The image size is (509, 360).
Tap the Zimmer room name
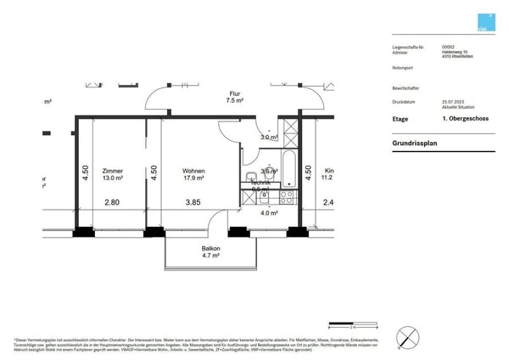click(x=112, y=171)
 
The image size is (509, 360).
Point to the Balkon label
click(x=211, y=247)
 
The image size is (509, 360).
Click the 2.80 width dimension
click(x=112, y=202)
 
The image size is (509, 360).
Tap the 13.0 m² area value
click(x=112, y=179)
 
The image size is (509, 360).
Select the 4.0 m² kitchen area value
click(x=269, y=213)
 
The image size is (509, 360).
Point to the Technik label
click(x=260, y=183)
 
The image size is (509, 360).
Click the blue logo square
click(x=484, y=24)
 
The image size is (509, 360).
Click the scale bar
click(x=352, y=325)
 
